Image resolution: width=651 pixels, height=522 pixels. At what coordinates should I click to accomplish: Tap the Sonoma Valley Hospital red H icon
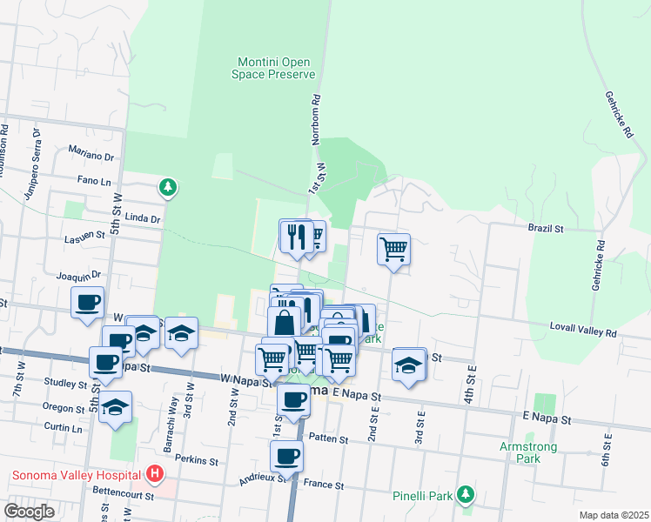pyautogui.click(x=155, y=474)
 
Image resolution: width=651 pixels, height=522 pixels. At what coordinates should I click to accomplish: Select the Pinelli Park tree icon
pyautogui.click(x=466, y=495)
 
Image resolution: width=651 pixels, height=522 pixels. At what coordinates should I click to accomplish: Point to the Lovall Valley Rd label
pyautogui.click(x=583, y=332)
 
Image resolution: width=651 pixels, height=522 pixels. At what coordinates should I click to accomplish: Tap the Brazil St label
pyautogui.click(x=547, y=228)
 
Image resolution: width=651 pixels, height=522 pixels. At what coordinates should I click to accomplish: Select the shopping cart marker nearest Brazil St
pyautogui.click(x=393, y=250)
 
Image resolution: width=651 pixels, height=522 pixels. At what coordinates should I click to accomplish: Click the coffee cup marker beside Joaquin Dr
pyautogui.click(x=87, y=303)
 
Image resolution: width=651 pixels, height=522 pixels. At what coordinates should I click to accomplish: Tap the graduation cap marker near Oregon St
pyautogui.click(x=115, y=407)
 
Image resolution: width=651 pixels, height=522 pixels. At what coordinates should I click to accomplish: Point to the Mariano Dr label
pyautogui.click(x=97, y=157)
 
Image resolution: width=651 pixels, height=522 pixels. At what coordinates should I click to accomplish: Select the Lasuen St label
pyautogui.click(x=83, y=238)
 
